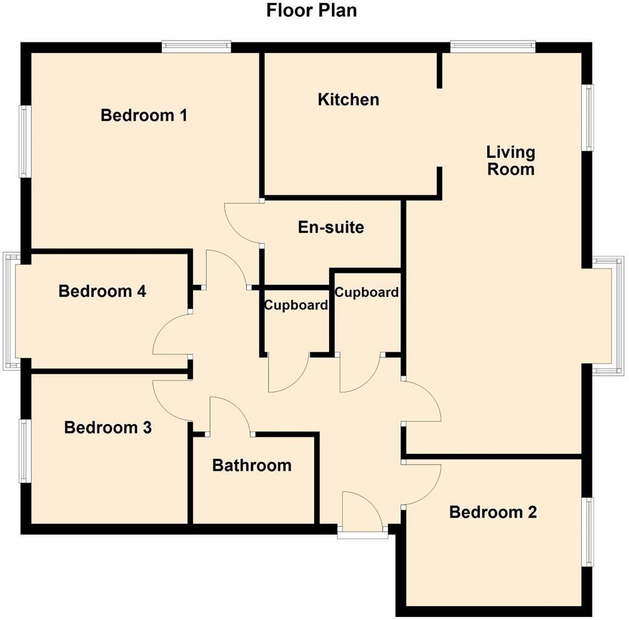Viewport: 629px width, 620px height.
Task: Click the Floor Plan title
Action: (x=311, y=10)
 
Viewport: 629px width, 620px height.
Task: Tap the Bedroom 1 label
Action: (x=144, y=115)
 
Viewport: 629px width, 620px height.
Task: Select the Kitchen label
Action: (x=348, y=99)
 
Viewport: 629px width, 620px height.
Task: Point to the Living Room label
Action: (x=511, y=160)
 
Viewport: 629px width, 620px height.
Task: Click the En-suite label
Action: (x=331, y=227)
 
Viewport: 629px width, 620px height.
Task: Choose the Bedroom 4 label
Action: (x=102, y=292)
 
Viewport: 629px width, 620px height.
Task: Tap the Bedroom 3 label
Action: (x=108, y=428)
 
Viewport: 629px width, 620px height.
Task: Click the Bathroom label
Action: (x=252, y=465)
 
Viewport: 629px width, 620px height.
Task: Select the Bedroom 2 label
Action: (x=493, y=512)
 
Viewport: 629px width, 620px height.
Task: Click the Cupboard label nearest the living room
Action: (x=367, y=292)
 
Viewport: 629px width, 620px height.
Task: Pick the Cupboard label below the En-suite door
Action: (x=296, y=305)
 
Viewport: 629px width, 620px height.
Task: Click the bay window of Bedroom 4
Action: (x=10, y=312)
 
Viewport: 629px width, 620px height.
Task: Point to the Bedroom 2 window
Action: (x=587, y=532)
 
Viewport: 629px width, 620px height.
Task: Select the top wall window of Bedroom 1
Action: (x=197, y=47)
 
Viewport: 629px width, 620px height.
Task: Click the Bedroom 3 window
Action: (x=24, y=451)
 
